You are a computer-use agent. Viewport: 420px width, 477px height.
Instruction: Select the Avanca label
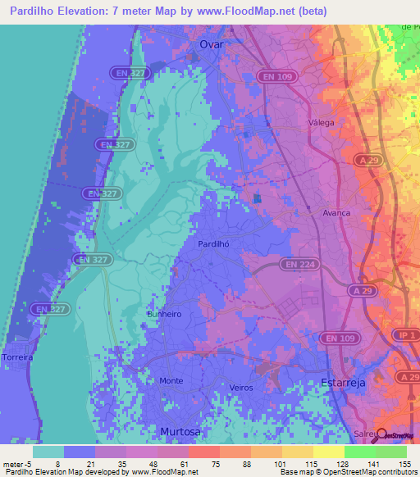pyautogui.click(x=336, y=212)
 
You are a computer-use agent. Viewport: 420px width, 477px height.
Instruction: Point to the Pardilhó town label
pyautogui.click(x=212, y=243)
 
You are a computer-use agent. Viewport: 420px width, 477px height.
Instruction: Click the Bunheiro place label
pyautogui.click(x=163, y=313)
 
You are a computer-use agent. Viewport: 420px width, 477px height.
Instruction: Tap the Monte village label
pyautogui.click(x=171, y=381)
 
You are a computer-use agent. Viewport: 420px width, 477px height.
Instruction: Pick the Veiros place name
pyautogui.click(x=242, y=388)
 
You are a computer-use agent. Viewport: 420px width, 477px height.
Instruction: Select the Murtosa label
pyautogui.click(x=180, y=430)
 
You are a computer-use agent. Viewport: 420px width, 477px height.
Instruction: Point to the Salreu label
pyautogui.click(x=364, y=434)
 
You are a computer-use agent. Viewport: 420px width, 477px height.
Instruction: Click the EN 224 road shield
pyautogui.click(x=299, y=264)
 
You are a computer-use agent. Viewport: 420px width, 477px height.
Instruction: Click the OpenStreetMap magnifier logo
pyautogui.click(x=381, y=435)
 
